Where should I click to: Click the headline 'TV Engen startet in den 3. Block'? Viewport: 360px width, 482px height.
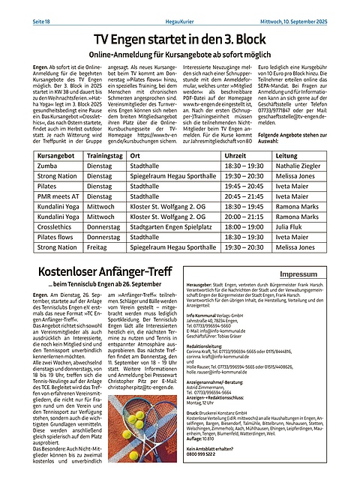coord(180,39)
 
